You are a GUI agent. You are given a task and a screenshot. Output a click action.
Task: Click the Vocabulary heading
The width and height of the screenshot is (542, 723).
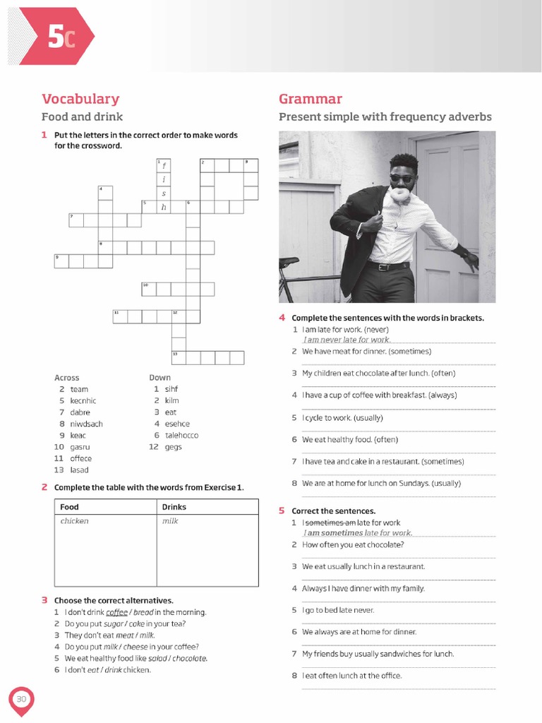80,99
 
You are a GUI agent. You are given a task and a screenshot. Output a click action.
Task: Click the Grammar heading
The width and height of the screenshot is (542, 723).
311,99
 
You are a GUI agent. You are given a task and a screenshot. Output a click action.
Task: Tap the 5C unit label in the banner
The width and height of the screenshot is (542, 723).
61,37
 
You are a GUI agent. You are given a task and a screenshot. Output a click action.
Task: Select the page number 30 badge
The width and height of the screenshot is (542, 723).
21,699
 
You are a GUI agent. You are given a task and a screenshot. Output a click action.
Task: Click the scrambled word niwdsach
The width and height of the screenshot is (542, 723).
86,424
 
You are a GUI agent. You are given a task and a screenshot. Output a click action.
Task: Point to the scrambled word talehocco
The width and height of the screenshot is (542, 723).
181,435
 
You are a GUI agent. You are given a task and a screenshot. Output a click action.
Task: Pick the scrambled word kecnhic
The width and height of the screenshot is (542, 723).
83,400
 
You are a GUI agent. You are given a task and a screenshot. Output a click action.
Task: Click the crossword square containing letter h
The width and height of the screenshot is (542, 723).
164,207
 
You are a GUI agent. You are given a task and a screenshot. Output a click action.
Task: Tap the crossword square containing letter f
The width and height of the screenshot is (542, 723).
164,166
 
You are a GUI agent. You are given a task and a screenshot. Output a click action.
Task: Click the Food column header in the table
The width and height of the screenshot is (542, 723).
70,506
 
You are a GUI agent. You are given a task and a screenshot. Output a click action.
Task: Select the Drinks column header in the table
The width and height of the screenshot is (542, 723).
174,506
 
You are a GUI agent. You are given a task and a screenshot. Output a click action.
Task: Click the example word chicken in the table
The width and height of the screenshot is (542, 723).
75,521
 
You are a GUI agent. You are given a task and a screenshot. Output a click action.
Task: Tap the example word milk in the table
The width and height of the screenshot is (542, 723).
170,521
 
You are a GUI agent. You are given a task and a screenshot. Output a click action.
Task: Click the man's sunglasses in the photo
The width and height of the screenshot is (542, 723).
403,179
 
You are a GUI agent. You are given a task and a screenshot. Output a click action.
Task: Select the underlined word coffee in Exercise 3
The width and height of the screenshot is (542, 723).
116,612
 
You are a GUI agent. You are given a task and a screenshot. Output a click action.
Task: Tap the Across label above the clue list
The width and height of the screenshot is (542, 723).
67,378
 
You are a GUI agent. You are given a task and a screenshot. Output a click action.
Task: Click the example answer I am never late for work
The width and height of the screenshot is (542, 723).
347,340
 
